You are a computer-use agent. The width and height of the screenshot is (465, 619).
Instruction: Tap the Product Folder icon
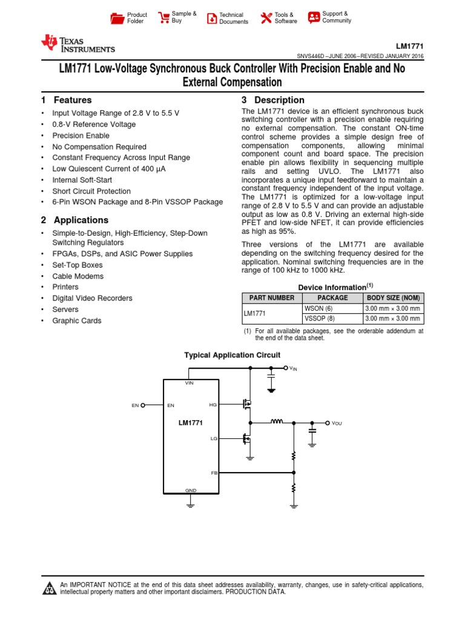(x=117, y=18)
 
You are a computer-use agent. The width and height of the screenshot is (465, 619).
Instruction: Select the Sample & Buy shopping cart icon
(x=163, y=18)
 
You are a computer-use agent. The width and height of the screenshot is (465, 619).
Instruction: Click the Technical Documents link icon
(x=211, y=18)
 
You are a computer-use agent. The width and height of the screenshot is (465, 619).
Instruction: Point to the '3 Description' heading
(x=273, y=100)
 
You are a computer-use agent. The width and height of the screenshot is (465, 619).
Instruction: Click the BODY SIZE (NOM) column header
(x=393, y=298)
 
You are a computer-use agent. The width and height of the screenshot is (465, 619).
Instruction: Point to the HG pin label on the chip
(x=213, y=405)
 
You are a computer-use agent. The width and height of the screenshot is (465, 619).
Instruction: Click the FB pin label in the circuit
(x=214, y=473)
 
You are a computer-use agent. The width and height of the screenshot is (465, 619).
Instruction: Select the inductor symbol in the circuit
(x=277, y=422)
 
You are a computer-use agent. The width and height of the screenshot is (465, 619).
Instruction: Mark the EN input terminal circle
(x=143, y=406)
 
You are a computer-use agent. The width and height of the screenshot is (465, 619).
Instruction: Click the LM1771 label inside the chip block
(x=190, y=423)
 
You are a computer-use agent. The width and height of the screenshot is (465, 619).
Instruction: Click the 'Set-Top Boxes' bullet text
(x=77, y=265)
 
